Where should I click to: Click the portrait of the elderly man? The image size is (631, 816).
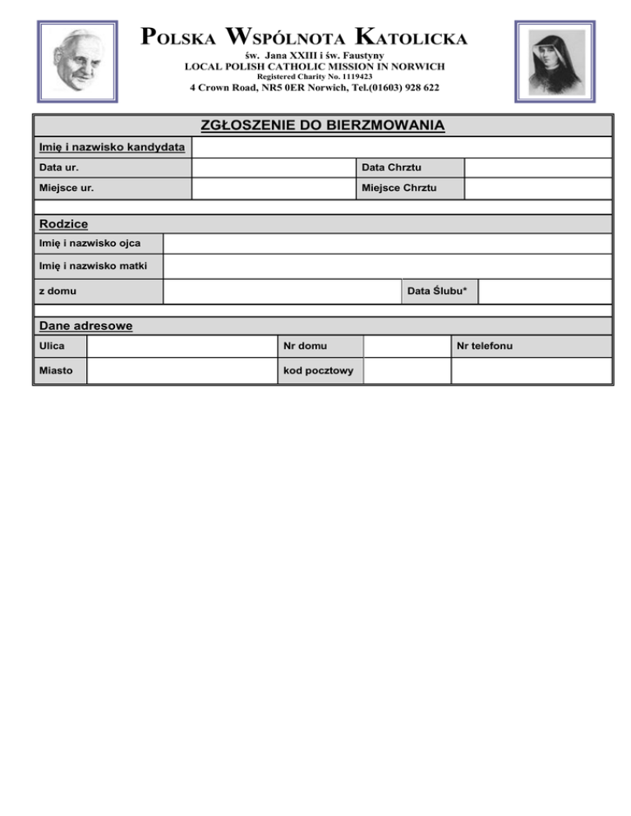78,61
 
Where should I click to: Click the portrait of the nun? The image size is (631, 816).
555,62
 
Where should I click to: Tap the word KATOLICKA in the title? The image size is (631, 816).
412,37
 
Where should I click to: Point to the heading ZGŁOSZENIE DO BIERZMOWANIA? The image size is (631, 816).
323,126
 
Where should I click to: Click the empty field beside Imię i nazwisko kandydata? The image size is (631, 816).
401,148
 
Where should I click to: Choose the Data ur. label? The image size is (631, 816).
59,168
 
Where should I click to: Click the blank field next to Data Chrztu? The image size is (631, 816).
537,168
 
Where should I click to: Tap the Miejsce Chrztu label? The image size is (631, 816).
399,189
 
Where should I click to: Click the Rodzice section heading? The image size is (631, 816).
64,224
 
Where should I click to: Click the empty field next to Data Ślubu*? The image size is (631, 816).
545,291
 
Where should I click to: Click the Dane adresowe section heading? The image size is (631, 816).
85,326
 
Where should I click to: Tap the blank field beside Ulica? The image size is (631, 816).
181,346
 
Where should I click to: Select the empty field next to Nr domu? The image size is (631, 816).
407,346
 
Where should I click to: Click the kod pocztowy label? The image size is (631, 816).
318,370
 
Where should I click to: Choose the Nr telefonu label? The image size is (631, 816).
485,346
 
